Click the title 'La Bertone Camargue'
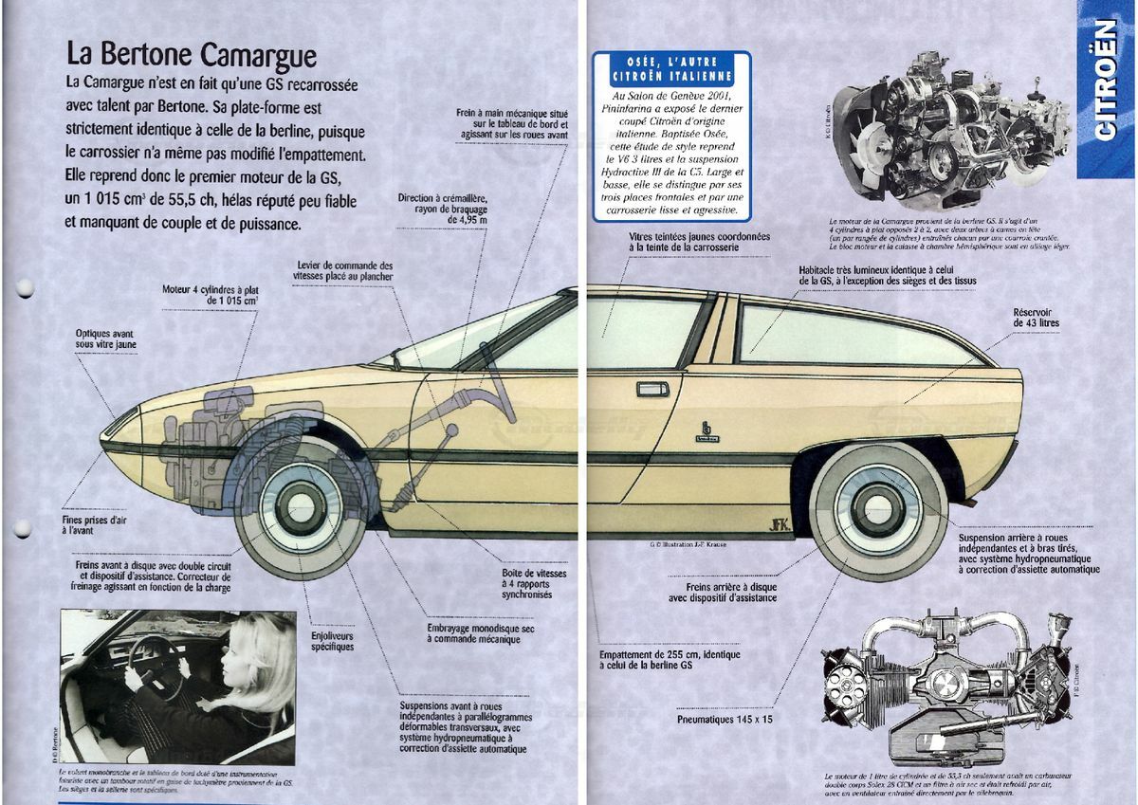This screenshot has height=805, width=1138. [190, 53]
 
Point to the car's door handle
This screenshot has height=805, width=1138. [652, 389]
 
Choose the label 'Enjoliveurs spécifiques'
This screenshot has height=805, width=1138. [332, 640]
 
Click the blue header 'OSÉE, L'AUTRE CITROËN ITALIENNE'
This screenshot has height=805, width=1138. [672, 67]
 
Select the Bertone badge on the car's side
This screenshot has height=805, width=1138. [705, 430]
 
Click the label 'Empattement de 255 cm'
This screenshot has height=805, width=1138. [670, 660]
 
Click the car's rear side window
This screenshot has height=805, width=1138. [853, 337]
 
